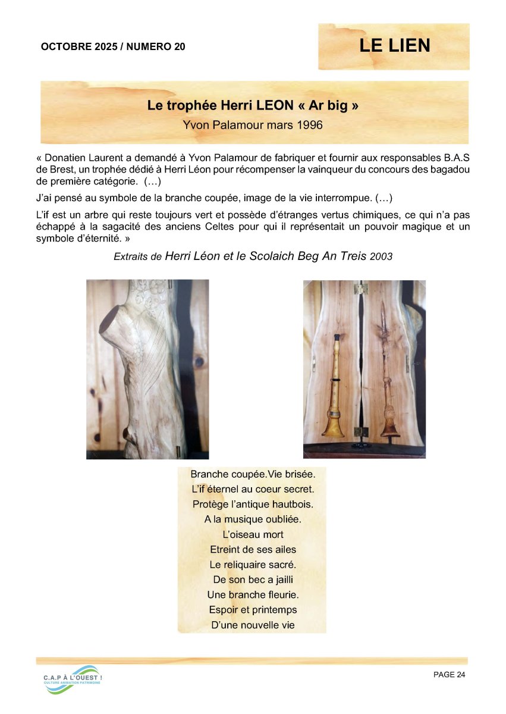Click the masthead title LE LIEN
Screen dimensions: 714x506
pyautogui.click(x=394, y=45)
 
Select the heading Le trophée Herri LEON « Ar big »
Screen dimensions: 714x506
pyautogui.click(x=253, y=106)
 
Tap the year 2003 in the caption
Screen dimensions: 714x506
pyautogui.click(x=381, y=256)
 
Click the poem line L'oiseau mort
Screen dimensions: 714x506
pyautogui.click(x=253, y=534)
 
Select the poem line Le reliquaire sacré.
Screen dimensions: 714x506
pyautogui.click(x=253, y=564)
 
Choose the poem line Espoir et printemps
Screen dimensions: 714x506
pyautogui.click(x=253, y=610)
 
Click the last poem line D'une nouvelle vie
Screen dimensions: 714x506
pyautogui.click(x=253, y=625)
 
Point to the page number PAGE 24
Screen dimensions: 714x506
pyautogui.click(x=450, y=674)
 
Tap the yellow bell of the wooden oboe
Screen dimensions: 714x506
pyautogui.click(x=334, y=424)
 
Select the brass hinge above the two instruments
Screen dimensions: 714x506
pyautogui.click(x=359, y=289)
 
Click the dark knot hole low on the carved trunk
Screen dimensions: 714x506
pyautogui.click(x=127, y=433)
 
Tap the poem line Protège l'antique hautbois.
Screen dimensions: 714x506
pyautogui.click(x=253, y=504)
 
